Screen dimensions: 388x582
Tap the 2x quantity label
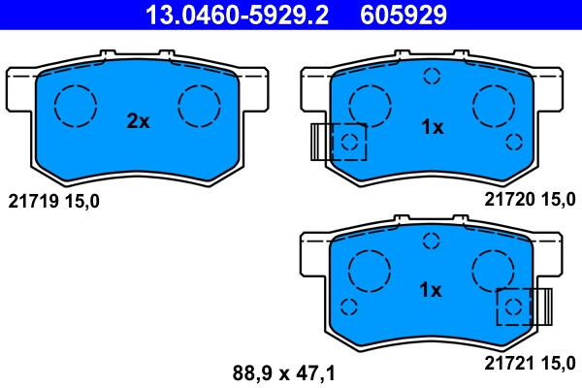pos(138,121)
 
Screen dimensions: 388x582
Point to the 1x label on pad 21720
pos(431,127)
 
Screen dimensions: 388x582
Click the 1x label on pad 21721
pos(431,290)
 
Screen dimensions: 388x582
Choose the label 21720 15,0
pos(530,199)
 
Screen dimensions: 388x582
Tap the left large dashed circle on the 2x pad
pos(75,103)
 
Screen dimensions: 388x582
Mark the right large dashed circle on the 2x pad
pos(200,103)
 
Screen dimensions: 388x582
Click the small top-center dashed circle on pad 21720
pos(431,77)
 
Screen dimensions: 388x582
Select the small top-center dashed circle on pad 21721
pos(431,241)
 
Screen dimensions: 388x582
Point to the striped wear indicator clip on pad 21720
pos(320,142)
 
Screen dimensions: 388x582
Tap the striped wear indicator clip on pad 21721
pos(541,306)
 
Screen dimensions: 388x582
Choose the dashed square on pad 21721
pos(514,307)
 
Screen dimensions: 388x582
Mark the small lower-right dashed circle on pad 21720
pos(514,143)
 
